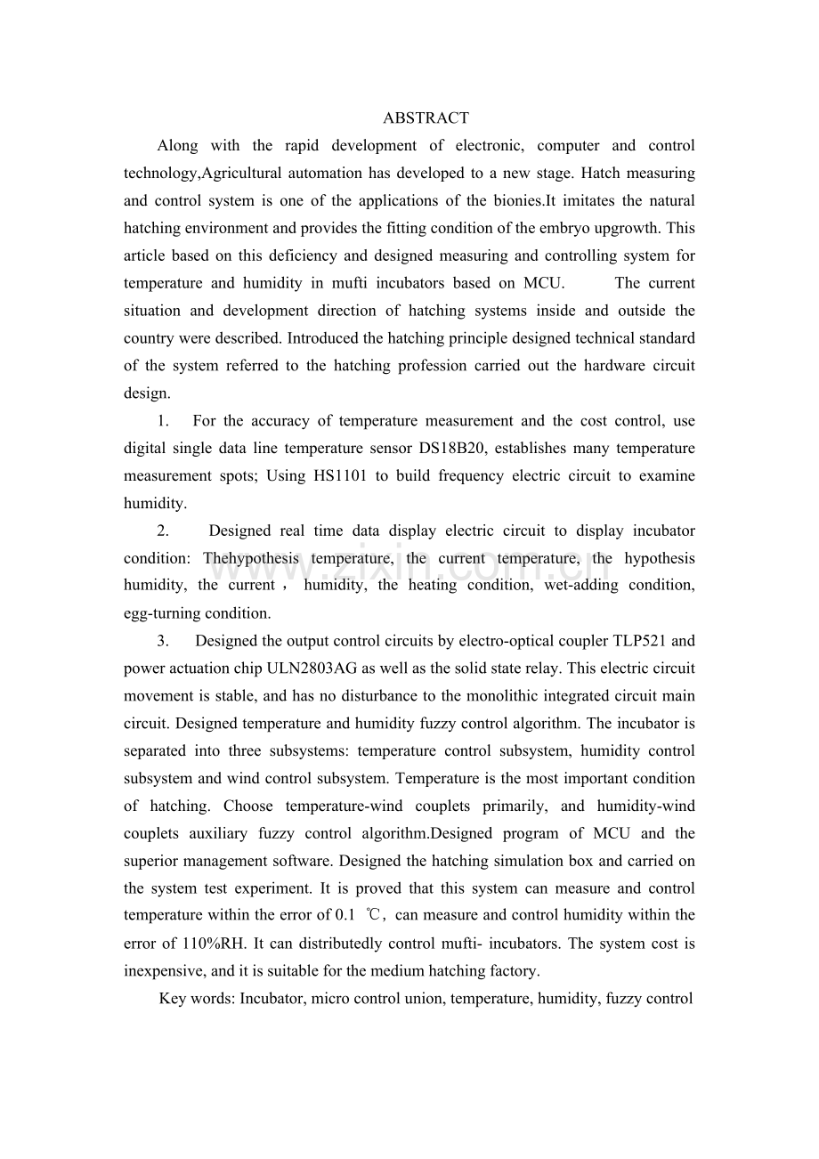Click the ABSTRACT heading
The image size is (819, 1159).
(426, 118)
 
